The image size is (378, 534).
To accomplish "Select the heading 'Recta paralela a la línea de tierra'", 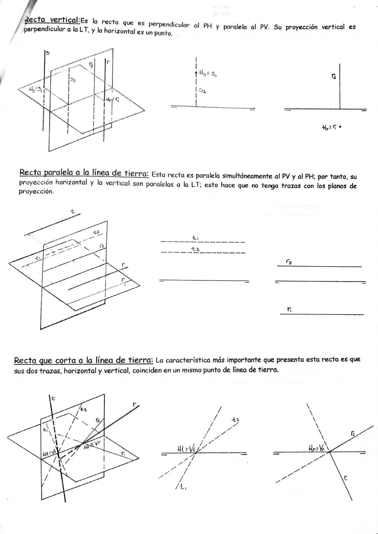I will (x=84, y=173).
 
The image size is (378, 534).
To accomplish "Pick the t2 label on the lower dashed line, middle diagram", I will (x=195, y=249).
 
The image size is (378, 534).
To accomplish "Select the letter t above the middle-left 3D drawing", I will (x=72, y=212).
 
